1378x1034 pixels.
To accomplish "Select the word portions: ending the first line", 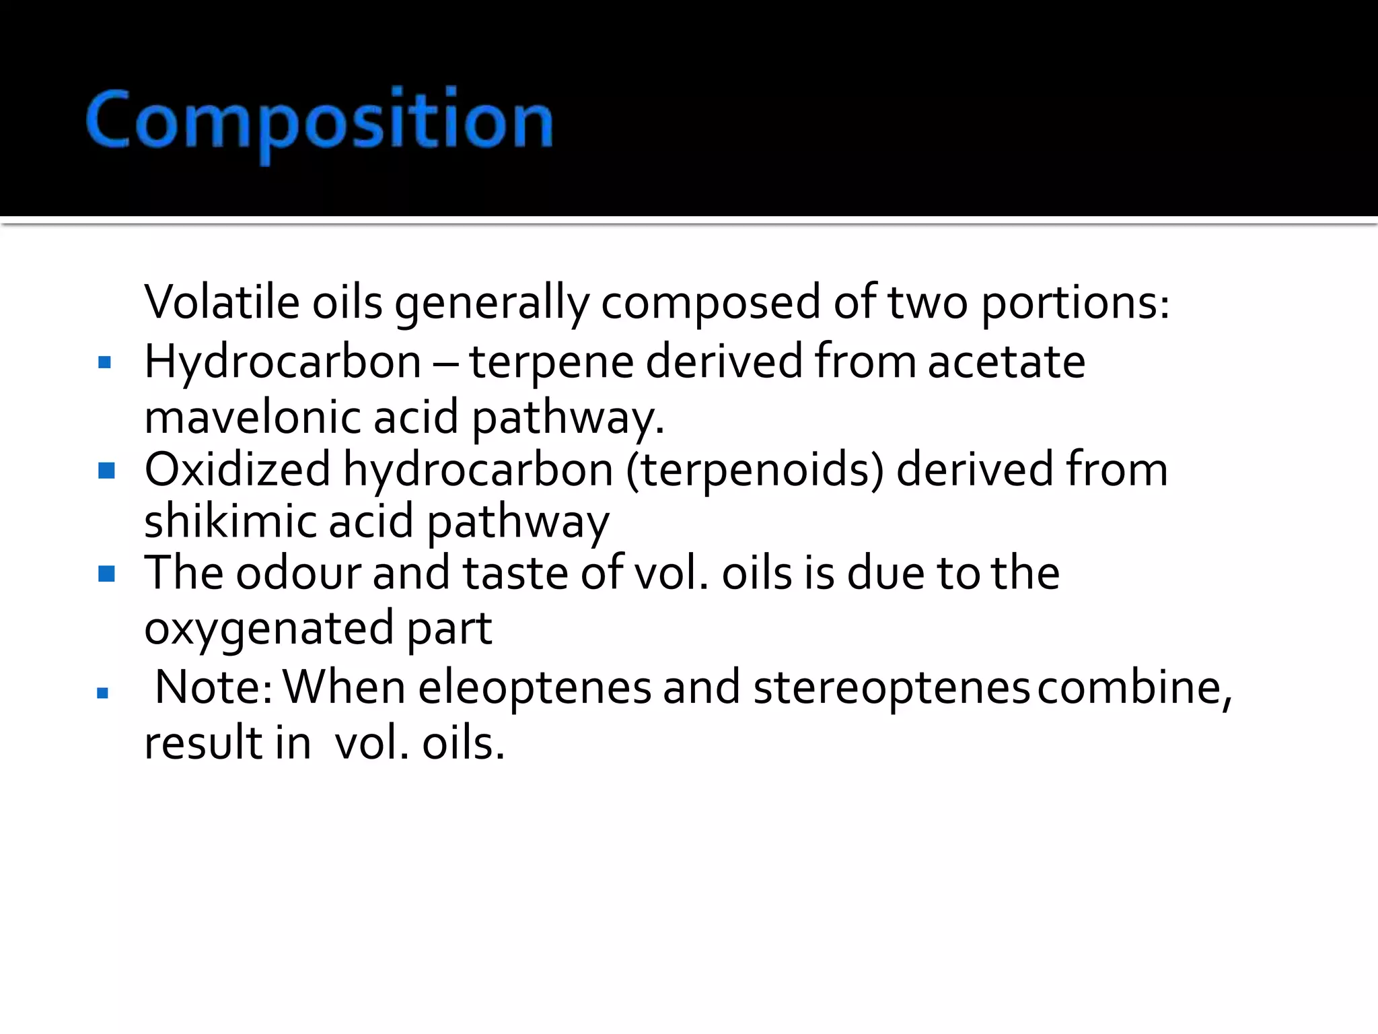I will [1075, 303].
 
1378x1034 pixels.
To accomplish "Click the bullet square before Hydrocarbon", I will [104, 364].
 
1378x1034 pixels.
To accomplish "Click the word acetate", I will [1007, 362].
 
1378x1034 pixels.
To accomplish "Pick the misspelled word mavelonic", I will [252, 417].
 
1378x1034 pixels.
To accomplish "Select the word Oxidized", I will [237, 469].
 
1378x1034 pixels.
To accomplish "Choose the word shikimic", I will [229, 521].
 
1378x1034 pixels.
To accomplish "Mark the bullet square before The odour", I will [106, 574].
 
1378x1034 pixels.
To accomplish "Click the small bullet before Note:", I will [102, 692].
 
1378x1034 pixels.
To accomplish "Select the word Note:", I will [213, 687].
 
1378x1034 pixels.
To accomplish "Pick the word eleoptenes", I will [534, 689].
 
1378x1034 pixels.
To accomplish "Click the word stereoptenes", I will [891, 689].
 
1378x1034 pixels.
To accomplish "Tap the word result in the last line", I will [203, 743].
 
